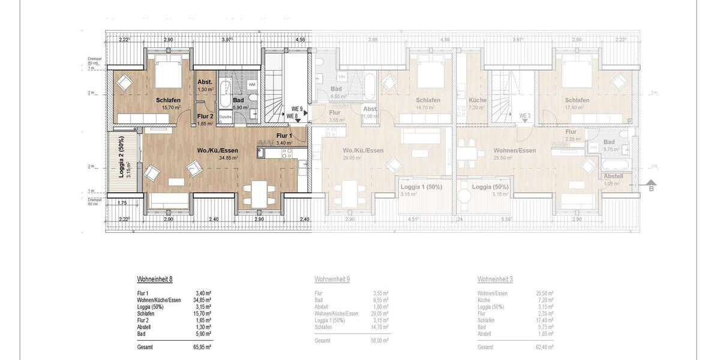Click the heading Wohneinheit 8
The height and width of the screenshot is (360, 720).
coord(155,280)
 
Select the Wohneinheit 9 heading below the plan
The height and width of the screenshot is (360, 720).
coord(332,280)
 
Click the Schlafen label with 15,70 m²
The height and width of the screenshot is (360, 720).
coord(169,100)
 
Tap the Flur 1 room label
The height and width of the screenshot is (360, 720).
coord(284,136)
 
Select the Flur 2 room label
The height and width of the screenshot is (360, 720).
coord(205,116)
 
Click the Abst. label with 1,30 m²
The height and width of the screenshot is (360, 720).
coord(205,83)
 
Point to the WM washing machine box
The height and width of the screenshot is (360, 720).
coord(251,85)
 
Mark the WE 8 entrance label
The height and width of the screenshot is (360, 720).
coord(293,116)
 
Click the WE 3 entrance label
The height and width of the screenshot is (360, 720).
coord(525,116)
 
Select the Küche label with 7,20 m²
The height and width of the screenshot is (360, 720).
coord(478,100)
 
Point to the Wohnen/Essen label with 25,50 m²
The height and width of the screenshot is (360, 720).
coord(514,151)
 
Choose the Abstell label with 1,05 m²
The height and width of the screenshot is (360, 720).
coord(613,176)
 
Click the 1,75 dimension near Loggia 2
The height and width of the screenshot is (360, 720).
coord(122,203)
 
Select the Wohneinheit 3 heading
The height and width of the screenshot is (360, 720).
coord(495,280)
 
